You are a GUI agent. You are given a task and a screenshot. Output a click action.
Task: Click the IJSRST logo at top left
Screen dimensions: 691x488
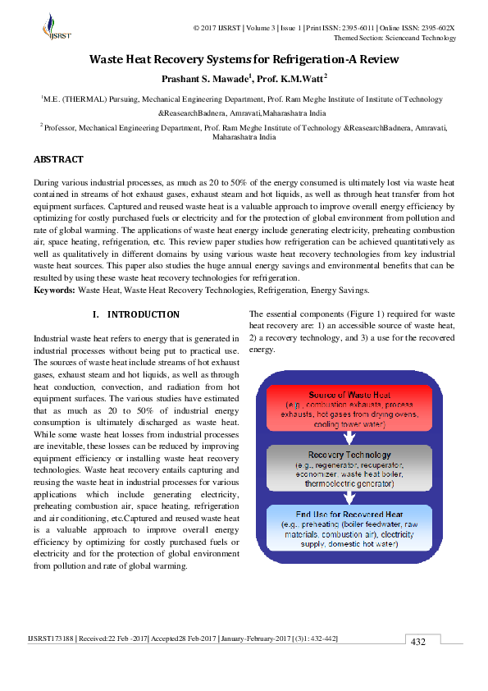pos(57,28)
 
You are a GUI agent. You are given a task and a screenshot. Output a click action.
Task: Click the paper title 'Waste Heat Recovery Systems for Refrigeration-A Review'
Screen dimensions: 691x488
pos(244,59)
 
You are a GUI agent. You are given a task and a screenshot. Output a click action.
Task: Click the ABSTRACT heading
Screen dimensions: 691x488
pos(58,159)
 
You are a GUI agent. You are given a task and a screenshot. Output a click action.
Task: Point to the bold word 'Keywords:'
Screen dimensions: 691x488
pos(54,290)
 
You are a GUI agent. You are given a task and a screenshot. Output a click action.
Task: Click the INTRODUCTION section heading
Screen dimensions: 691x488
pos(136,314)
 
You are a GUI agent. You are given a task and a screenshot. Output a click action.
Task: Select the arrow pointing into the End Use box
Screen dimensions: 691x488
pos(349,497)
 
